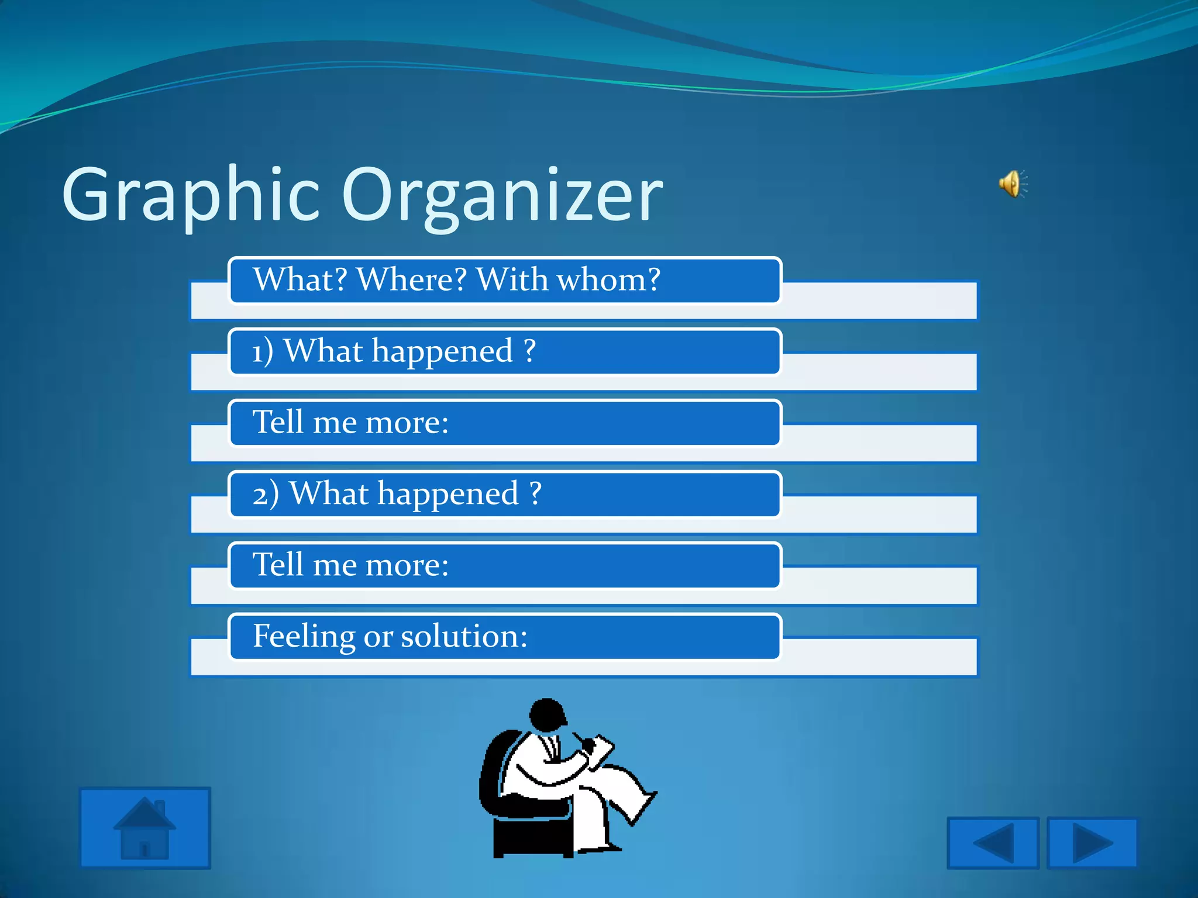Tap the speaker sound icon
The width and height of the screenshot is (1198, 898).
1012,185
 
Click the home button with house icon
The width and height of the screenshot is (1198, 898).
144,828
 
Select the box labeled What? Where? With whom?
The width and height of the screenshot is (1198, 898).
504,281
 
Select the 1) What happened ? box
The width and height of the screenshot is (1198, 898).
504,352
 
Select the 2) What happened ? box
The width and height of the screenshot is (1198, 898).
504,495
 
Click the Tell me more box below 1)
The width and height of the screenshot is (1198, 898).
504,423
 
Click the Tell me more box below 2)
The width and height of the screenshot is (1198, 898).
504,566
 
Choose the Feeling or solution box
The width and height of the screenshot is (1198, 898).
504,637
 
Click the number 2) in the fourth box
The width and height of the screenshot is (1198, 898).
266,495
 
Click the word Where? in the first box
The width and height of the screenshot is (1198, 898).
412,280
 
